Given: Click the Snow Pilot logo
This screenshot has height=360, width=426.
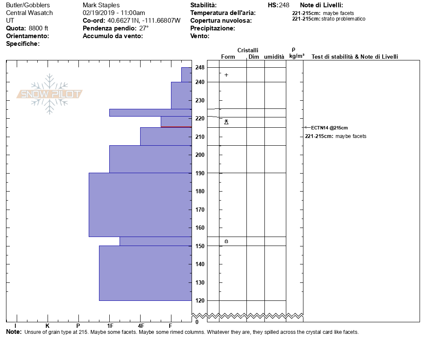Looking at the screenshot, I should point(50,94).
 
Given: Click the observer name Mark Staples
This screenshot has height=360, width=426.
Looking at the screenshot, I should point(101,5).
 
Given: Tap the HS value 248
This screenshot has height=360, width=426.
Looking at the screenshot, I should point(284,5).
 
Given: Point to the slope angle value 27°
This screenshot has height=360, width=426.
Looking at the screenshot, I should point(144,28).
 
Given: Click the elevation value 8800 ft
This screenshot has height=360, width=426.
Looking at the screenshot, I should point(39,28).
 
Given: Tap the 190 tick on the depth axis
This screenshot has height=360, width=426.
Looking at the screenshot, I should point(200,173).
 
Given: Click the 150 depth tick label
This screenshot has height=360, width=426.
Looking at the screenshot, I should point(200,246).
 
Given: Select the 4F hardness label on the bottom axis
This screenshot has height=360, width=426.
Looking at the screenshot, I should point(141,326).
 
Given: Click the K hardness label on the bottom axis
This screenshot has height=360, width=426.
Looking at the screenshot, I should point(48,326).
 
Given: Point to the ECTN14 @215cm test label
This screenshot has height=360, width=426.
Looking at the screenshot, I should point(329,128).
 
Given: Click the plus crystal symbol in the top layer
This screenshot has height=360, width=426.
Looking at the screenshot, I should point(226,75).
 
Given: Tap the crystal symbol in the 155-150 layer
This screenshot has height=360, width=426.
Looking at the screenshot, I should point(226,242).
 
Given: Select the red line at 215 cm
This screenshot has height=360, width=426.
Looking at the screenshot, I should point(176,127).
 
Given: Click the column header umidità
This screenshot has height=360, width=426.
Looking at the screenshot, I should point(274,57).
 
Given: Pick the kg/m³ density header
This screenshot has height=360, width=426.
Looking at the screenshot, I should point(297,56).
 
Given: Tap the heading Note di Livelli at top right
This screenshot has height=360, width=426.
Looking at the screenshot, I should point(321,5).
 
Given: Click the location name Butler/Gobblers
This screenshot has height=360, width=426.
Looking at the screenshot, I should point(28,5).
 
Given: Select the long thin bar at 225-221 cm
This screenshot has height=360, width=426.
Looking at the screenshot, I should point(150,113).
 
